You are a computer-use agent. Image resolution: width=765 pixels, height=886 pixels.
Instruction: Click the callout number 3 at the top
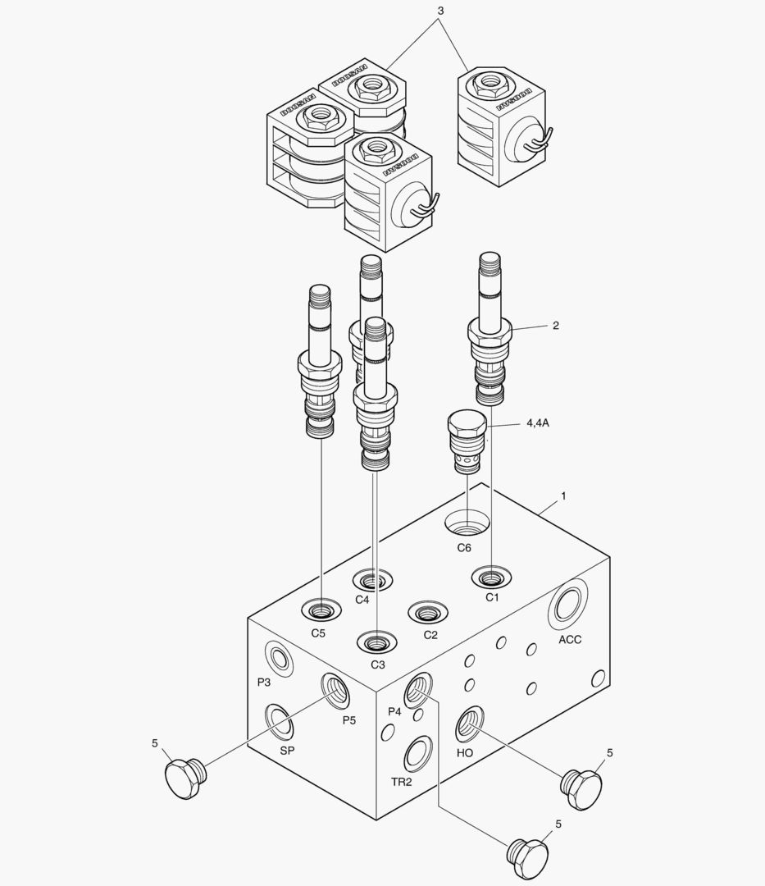tap(440, 11)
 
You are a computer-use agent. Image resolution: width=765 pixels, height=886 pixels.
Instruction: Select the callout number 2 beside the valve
tap(555, 326)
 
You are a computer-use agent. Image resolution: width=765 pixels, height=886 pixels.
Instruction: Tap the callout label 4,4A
tap(537, 423)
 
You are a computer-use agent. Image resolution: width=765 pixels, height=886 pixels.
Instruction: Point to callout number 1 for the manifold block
tap(563, 496)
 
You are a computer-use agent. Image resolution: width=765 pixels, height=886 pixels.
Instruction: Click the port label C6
tap(464, 547)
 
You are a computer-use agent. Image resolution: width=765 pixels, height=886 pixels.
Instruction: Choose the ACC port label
tap(570, 639)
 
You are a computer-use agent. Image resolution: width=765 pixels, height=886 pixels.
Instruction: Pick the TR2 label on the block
tap(401, 781)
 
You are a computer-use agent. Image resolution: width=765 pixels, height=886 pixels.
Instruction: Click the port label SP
tap(287, 750)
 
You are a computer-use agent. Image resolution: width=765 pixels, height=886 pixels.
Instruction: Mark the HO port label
tap(464, 752)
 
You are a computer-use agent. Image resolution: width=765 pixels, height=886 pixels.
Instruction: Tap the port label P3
tap(263, 682)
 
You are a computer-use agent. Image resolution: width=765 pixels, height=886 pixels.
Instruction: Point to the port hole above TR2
tap(418, 752)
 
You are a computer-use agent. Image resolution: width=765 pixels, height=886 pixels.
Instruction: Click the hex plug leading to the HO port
tap(581, 790)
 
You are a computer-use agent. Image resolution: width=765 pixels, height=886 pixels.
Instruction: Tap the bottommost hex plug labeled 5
tap(526, 858)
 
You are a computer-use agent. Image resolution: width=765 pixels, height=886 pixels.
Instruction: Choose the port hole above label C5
tap(320, 610)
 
